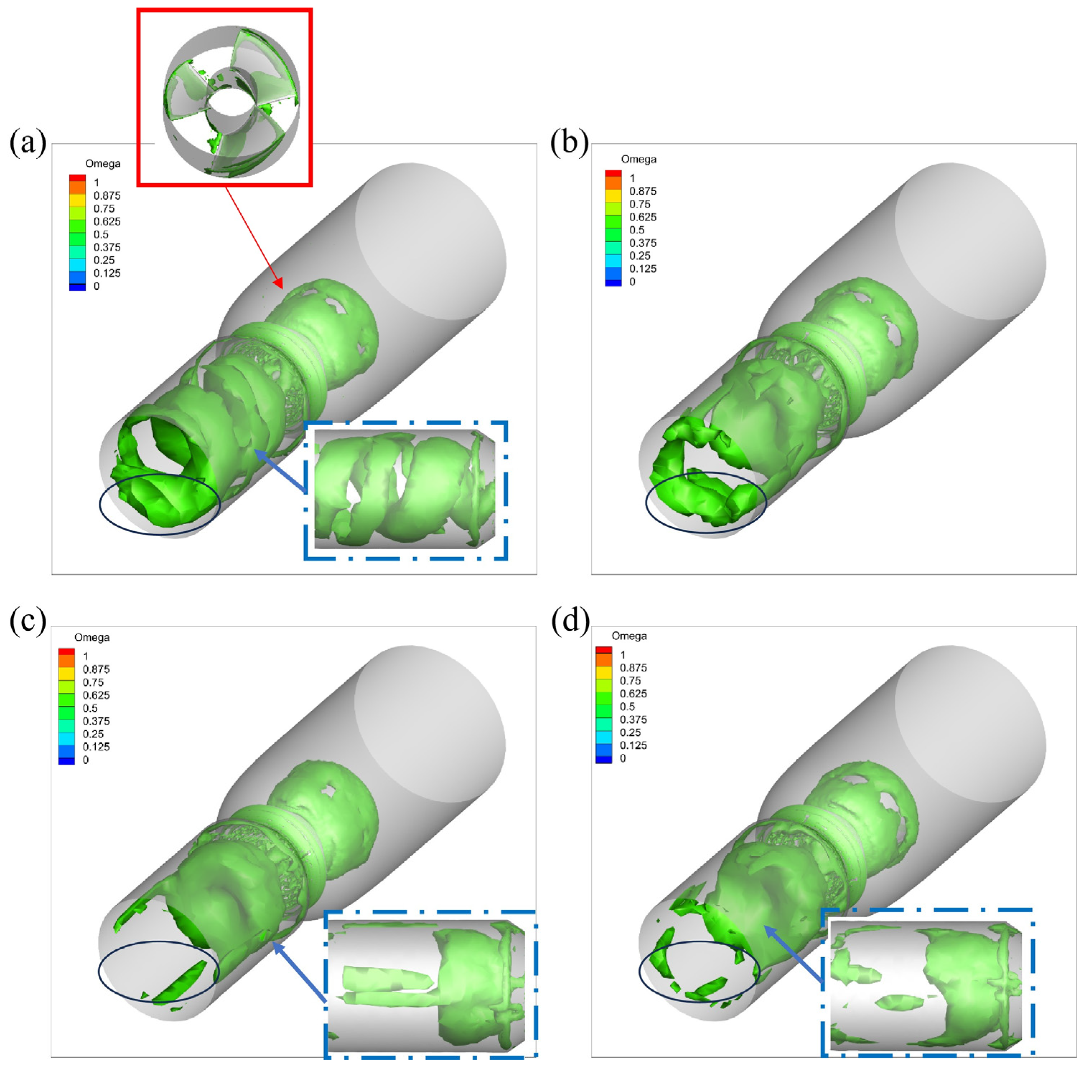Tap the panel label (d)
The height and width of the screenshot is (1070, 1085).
coord(569,622)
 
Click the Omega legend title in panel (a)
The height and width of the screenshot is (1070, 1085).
coord(103,163)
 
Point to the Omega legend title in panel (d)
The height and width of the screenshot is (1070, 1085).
coord(629,636)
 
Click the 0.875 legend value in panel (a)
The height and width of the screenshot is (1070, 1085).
coord(107,195)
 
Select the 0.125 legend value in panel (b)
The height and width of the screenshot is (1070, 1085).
coord(643,268)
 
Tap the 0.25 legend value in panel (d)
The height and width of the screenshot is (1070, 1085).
coord(630,732)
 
